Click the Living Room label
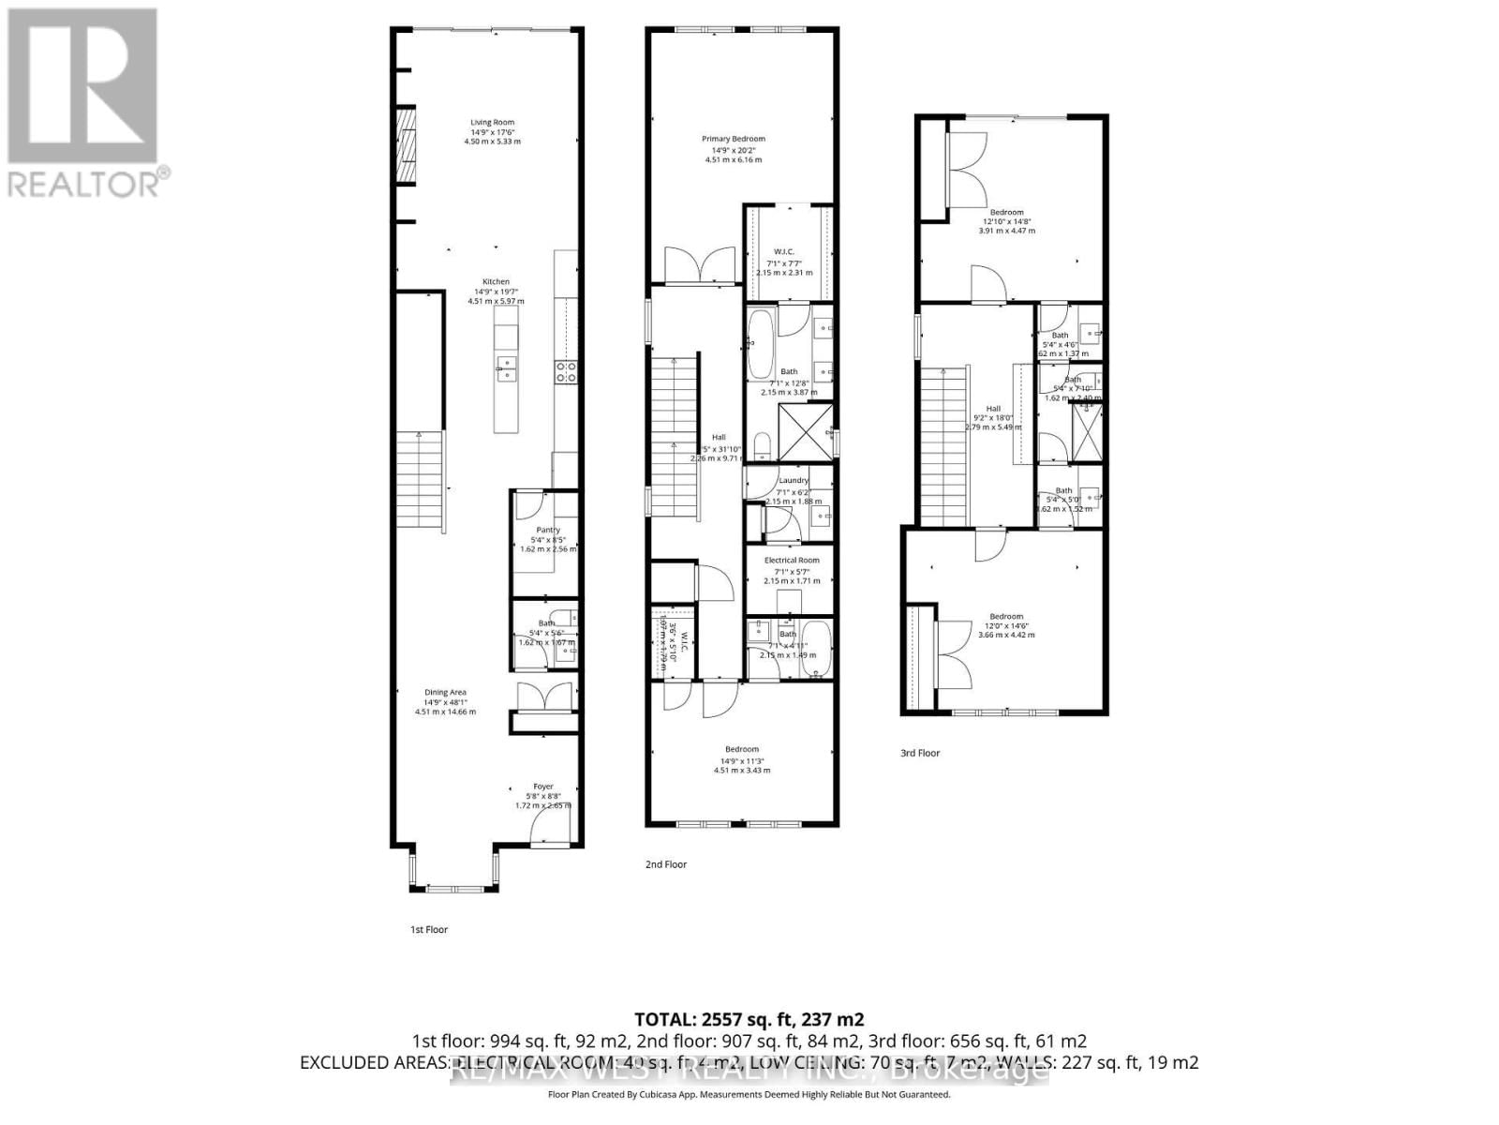493,122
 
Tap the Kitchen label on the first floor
496,281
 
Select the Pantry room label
548,530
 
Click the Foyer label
543,787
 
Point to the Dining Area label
445,692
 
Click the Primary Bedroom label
734,139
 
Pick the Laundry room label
794,480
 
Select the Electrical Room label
792,560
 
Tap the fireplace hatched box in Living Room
405,147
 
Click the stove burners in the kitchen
566,371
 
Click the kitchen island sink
506,367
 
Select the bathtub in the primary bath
760,344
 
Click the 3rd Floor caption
920,753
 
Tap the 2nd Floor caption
666,864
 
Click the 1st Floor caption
429,930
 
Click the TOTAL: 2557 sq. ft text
749,1019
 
